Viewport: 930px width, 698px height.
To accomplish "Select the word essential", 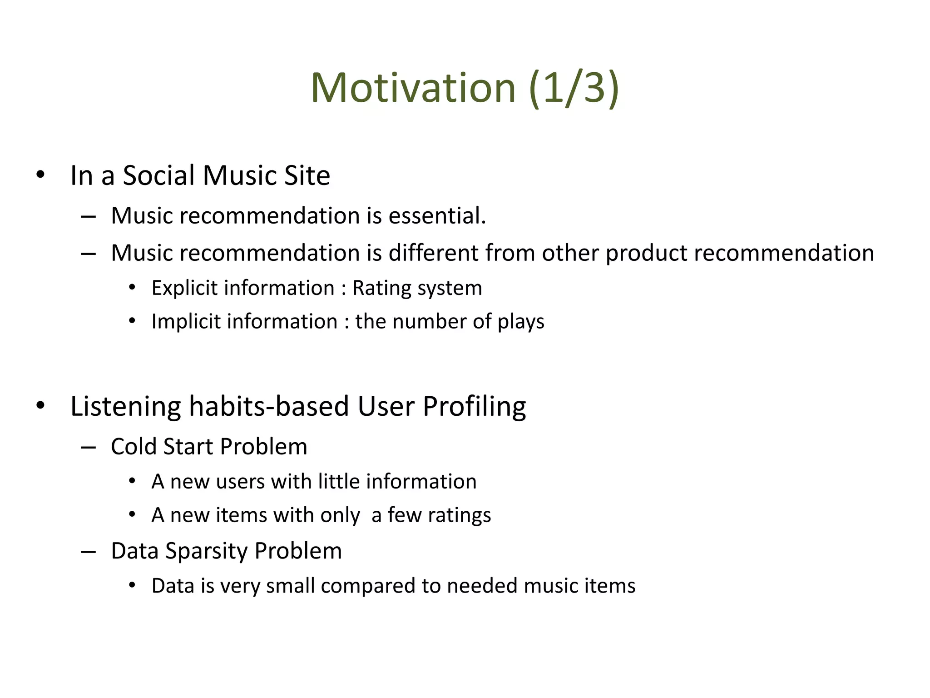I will pyautogui.click(x=437, y=216).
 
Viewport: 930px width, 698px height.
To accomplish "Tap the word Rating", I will pyautogui.click(x=381, y=289).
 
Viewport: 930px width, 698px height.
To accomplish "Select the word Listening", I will pyautogui.click(x=125, y=406).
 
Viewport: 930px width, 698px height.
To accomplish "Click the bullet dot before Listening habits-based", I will pyautogui.click(x=40, y=405).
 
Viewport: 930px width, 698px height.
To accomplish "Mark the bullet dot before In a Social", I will pyautogui.click(x=40, y=174).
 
